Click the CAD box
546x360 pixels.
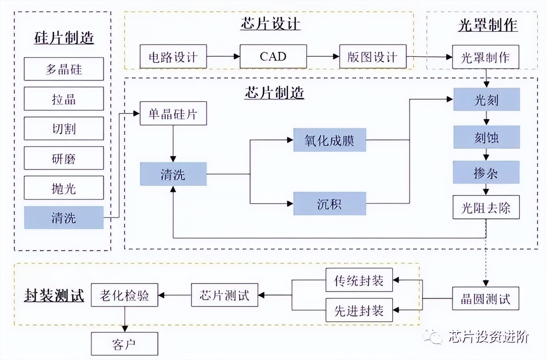[x=273, y=57]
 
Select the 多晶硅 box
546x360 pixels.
[x=64, y=69]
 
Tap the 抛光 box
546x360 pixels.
[x=64, y=188]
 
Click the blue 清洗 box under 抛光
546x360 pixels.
[x=64, y=218]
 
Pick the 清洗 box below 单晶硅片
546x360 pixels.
[x=173, y=174]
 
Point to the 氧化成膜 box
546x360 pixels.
[x=329, y=140]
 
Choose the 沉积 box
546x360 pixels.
[x=329, y=204]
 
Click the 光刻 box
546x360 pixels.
[x=486, y=100]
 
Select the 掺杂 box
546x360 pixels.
[x=486, y=172]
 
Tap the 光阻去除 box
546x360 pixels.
[x=486, y=207]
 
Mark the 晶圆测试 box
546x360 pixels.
[x=485, y=299]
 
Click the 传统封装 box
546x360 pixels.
[x=359, y=280]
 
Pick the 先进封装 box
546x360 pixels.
[x=359, y=310]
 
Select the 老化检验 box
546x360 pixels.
[x=124, y=295]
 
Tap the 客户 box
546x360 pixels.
[x=124, y=344]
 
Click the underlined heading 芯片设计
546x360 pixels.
[x=270, y=24]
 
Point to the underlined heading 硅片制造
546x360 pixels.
[x=64, y=38]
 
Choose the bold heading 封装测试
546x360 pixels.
[x=54, y=295]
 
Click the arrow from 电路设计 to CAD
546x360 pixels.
[x=223, y=57]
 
